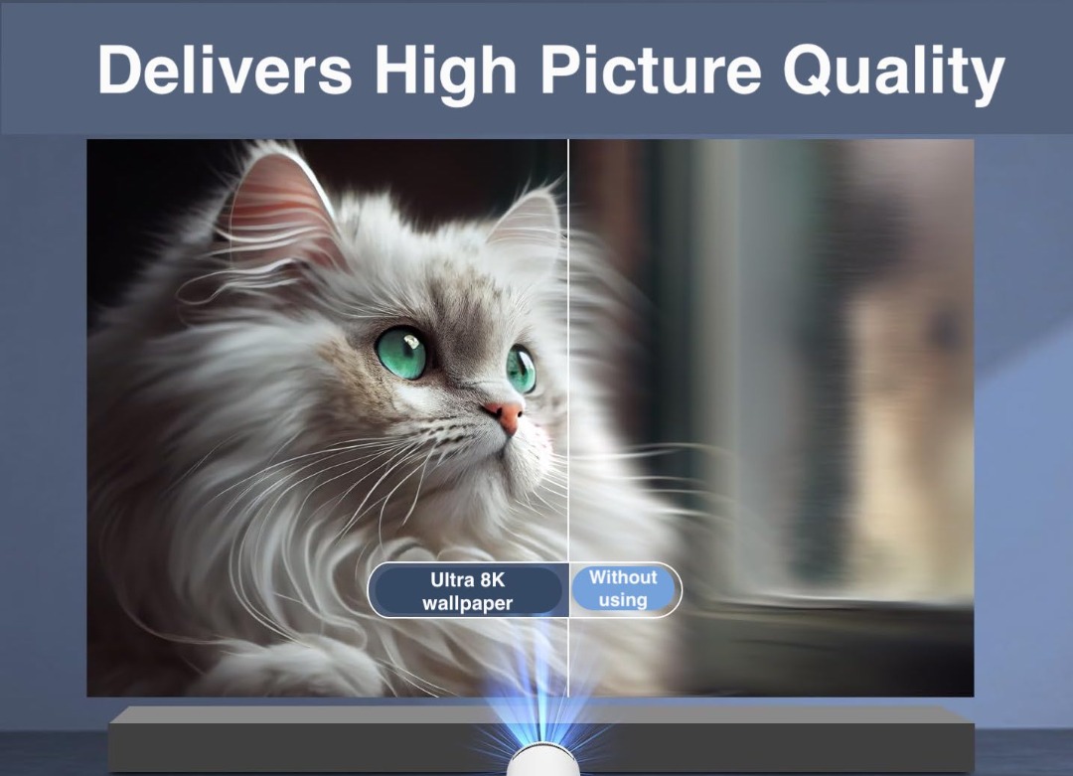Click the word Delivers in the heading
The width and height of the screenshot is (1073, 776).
click(x=225, y=72)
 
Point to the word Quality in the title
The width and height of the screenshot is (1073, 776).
click(x=893, y=72)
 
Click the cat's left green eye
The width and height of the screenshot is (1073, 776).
click(x=402, y=351)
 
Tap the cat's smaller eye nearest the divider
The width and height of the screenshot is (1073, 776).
click(x=521, y=369)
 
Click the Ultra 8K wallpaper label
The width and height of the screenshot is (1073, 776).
click(x=467, y=591)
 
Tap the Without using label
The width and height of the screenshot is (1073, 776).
click(x=623, y=589)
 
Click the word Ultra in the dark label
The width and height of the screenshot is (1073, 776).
click(x=451, y=580)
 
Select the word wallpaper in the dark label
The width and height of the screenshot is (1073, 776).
click(x=467, y=603)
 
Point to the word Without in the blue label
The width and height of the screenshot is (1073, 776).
click(x=623, y=577)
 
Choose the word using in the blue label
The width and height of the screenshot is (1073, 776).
click(x=623, y=600)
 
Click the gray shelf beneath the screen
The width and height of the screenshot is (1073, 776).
click(x=298, y=735)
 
